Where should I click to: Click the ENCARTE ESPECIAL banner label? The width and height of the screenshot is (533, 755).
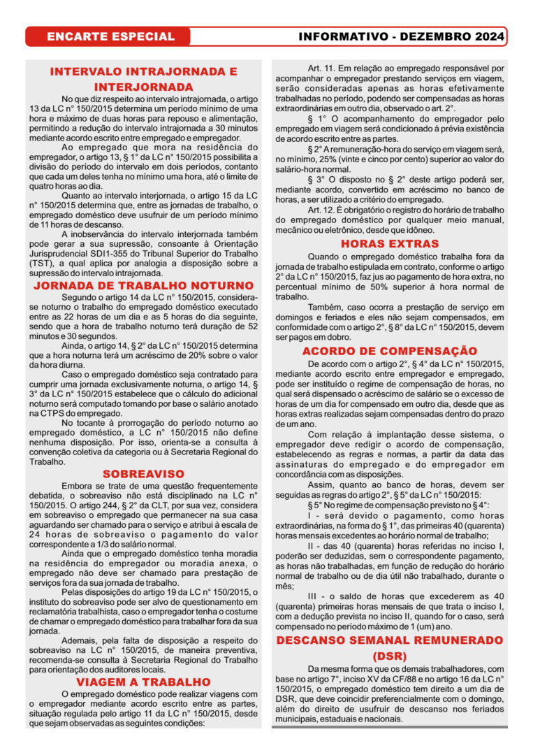(110, 36)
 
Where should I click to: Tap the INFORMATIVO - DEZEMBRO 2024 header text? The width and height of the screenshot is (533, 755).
(401, 36)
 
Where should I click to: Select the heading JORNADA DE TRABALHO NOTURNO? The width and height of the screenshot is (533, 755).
(143, 286)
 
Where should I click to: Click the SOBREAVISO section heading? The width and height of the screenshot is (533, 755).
(143, 474)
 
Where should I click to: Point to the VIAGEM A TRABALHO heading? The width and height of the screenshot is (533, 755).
(143, 682)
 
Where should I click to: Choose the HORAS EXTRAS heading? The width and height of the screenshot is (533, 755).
(390, 244)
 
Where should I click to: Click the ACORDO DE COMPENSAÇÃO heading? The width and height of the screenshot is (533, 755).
(390, 351)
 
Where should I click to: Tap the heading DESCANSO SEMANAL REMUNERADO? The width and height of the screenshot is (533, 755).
(390, 640)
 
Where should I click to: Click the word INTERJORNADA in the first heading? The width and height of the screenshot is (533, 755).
(143, 87)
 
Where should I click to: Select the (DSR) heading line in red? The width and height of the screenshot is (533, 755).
(390, 656)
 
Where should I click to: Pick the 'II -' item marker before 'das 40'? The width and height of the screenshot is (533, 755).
(314, 546)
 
